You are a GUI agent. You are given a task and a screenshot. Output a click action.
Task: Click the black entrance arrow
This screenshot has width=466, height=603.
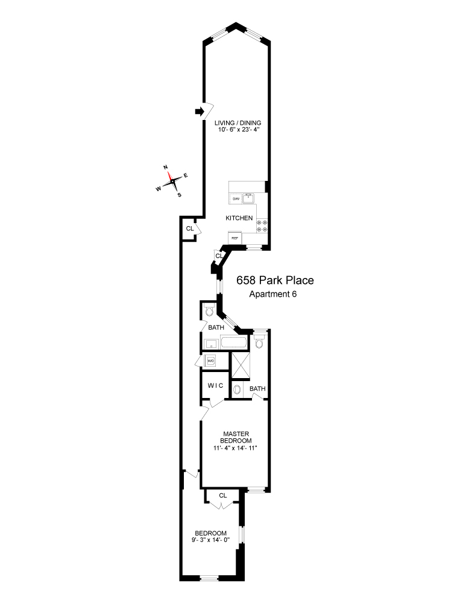click(x=198, y=111)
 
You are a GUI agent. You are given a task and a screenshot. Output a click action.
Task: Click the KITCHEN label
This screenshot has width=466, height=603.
click(x=239, y=218)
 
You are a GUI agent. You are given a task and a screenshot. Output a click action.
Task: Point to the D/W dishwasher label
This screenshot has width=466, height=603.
click(x=235, y=198)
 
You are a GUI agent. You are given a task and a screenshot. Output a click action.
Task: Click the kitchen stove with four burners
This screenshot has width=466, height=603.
click(x=263, y=226)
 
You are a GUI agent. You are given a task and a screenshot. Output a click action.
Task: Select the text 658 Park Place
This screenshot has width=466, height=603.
click(x=276, y=281)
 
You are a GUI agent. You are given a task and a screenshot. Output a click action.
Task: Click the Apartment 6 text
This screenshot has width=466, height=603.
click(x=273, y=294)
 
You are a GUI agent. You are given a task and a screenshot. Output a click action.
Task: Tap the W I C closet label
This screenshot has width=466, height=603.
click(x=215, y=385)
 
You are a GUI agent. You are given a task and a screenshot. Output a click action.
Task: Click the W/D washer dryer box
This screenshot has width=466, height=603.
click(x=211, y=361)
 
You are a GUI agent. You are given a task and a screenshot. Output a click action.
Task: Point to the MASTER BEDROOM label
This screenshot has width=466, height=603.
click(x=232, y=437)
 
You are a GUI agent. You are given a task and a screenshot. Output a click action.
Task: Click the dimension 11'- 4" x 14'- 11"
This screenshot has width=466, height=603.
click(x=232, y=448)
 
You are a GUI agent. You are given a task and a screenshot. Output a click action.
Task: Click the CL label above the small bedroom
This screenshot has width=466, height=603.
click(x=222, y=495)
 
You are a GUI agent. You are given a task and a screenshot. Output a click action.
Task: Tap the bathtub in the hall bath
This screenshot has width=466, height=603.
click(x=234, y=344)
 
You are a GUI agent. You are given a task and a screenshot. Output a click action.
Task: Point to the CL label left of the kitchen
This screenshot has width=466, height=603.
click(x=189, y=229)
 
